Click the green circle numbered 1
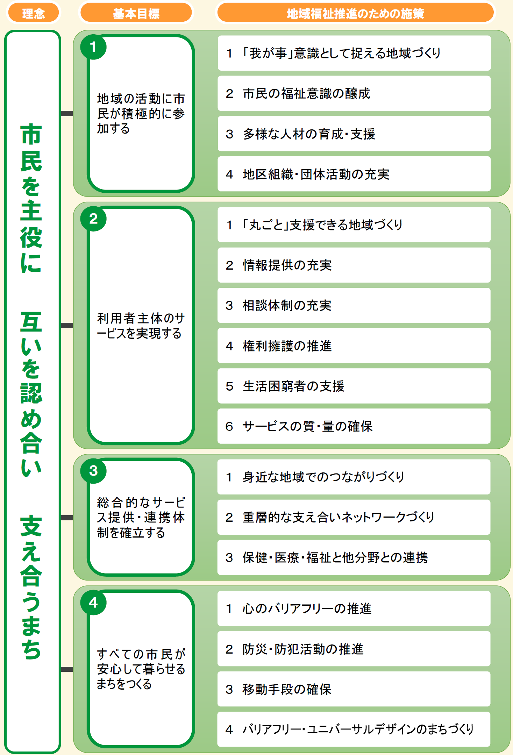tap(93, 47)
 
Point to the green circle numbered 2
tap(93, 219)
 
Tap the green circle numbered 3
tap(93, 471)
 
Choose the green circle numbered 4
tap(93, 603)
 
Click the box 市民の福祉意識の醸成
tap(354, 93)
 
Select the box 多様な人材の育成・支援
tap(354, 134)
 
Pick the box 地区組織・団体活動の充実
tap(354, 174)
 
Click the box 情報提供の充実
tap(354, 265)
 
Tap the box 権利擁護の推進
tap(354, 346)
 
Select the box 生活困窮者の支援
tap(354, 386)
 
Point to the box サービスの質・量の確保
tap(354, 426)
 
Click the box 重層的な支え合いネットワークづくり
tap(354, 517)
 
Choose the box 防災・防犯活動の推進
tap(354, 649)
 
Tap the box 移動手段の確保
tap(354, 689)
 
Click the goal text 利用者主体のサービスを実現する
tap(141, 326)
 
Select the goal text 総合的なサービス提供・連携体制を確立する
tap(141, 517)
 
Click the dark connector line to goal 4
tap(67, 669)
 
